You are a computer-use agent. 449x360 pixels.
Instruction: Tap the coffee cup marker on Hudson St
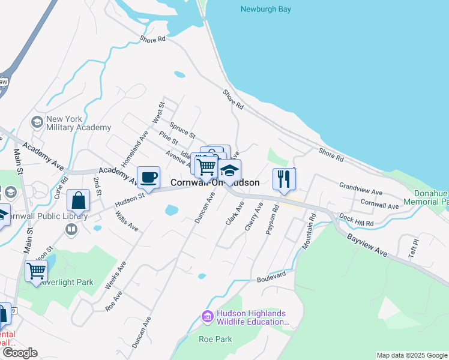click(148, 177)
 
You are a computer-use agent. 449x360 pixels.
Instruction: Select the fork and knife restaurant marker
click(284, 178)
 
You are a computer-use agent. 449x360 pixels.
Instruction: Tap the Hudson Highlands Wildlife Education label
click(252, 317)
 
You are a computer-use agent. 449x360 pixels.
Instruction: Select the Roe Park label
click(215, 339)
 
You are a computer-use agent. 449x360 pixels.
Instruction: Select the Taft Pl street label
click(413, 246)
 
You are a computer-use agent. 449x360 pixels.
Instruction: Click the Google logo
click(20, 353)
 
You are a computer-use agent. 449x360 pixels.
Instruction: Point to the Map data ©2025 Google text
click(411, 356)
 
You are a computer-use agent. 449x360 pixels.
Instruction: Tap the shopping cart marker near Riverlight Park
click(36, 271)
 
